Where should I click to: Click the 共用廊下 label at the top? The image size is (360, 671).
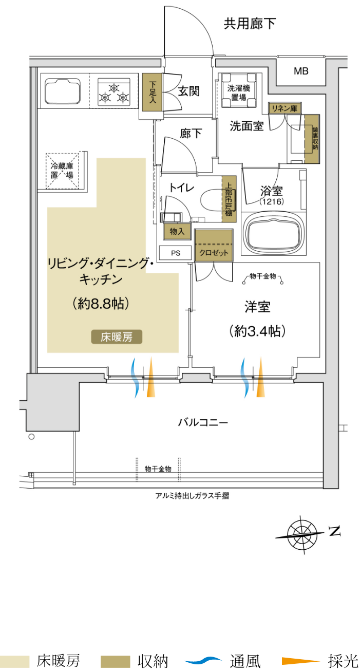tap(250, 24)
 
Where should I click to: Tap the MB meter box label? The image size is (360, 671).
tap(301, 71)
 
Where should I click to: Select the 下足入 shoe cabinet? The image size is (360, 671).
tap(152, 92)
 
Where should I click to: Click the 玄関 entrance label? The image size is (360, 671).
tap(188, 91)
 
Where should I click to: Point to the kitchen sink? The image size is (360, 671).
tap(63, 91)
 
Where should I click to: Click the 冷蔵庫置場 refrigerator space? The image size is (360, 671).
tap(62, 171)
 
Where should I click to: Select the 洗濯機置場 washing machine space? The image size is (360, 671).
tap(239, 90)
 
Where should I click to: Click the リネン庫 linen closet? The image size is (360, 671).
tap(285, 108)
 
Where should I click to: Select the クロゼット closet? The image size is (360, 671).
tap(214, 246)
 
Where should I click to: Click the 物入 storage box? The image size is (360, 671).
tap(177, 231)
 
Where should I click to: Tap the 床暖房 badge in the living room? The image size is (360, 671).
tap(117, 337)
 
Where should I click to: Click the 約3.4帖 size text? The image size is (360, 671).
tap(257, 331)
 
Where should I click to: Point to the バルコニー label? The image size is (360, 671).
tap(203, 422)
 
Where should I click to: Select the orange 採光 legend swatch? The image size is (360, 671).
tap(301, 661)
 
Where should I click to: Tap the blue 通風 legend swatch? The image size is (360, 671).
tap(203, 660)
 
